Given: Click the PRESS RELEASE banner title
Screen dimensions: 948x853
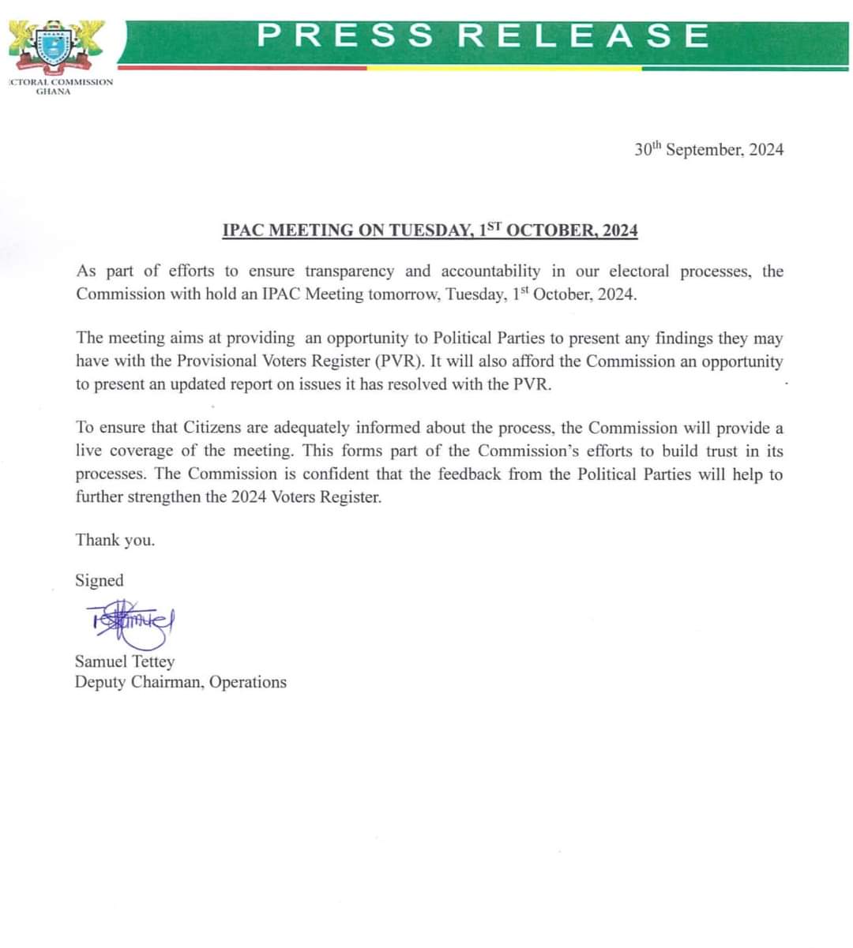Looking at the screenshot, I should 483,36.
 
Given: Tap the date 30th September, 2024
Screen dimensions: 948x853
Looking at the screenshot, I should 708,149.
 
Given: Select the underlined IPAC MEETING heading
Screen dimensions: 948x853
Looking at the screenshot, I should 430,230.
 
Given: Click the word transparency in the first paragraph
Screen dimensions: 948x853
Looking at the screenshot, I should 349,271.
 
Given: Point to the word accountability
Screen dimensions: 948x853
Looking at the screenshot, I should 490,271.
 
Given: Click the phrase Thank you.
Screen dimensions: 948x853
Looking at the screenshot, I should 115,540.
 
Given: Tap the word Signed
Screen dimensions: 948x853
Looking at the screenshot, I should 100,580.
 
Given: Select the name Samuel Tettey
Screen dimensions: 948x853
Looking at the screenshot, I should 125,661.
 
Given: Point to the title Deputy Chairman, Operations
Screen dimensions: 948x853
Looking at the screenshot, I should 181,682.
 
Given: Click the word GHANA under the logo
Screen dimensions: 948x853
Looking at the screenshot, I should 54,92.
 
